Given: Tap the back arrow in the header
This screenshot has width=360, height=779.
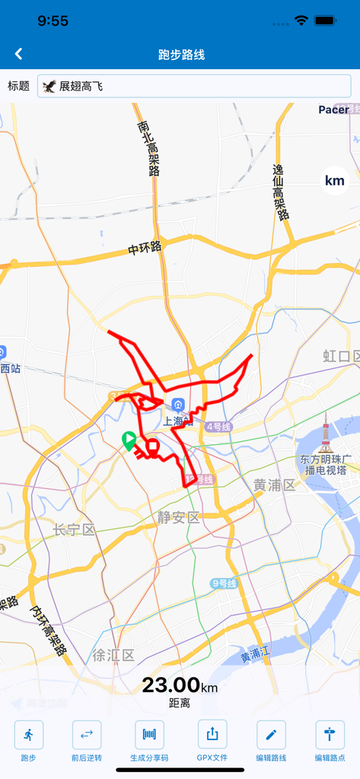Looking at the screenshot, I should pos(19,54).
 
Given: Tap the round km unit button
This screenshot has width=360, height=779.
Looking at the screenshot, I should pos(335,181).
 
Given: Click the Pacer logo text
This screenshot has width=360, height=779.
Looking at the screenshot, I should pos(333,110).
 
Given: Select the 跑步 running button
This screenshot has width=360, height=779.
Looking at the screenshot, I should pos(29,735).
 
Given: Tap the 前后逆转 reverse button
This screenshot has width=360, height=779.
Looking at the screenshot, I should pos(87,735).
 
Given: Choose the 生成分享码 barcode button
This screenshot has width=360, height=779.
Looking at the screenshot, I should pos(149,735).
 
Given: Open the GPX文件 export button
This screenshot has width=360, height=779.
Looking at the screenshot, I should pos(212,735).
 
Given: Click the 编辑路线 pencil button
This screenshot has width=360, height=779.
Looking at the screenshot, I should pos(271,735).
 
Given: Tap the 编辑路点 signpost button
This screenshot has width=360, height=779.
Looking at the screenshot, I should pos(330,735).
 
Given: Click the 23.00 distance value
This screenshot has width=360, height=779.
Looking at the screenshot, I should pos(171,685).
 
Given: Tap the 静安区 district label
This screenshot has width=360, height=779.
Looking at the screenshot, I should pos(179,517).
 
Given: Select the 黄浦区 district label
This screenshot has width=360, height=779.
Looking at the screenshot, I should pos(274,485).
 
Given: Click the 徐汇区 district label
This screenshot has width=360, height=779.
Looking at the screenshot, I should pos(113,655).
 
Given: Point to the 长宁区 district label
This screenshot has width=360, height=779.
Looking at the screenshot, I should pos(74,529).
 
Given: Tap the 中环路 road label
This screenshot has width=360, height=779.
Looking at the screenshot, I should pos(145,248).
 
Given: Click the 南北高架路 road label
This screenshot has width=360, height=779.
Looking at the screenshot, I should pos(148,148).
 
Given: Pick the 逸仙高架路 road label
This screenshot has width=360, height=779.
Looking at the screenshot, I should pos(282,192).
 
